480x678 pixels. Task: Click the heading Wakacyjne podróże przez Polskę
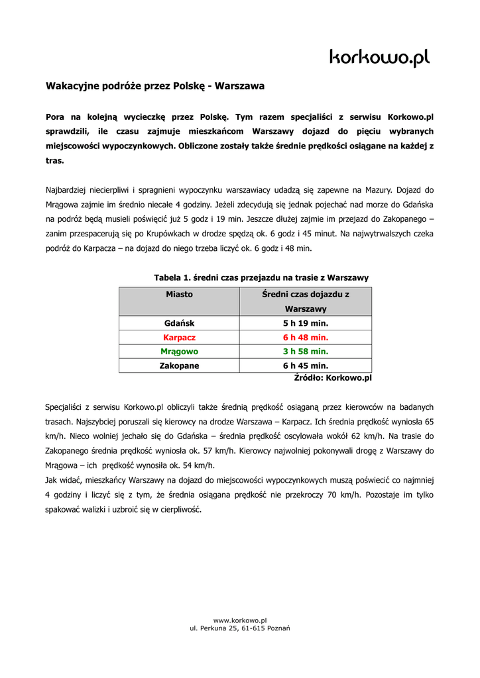(154, 86)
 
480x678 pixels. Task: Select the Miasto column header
(179, 294)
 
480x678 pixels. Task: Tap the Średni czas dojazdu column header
(306, 301)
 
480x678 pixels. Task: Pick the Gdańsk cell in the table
(179, 323)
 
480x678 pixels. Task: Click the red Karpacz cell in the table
(179, 337)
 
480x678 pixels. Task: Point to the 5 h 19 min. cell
(306, 323)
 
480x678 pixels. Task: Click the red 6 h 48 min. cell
(306, 337)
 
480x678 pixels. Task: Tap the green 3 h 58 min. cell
(306, 351)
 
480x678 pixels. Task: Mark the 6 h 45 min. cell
(306, 365)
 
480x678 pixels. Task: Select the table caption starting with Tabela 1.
(261, 277)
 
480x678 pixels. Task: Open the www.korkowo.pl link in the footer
(239, 620)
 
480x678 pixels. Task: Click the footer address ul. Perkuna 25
(239, 628)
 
